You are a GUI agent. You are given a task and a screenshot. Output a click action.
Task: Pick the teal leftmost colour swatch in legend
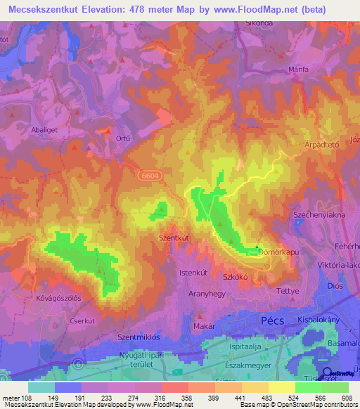[41, 387]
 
